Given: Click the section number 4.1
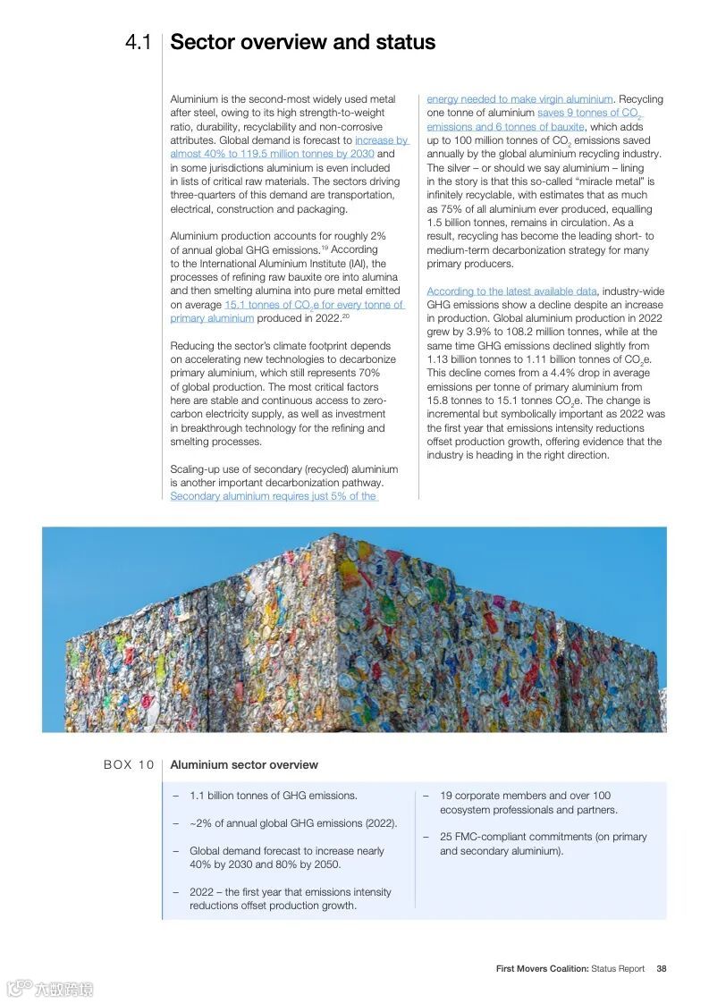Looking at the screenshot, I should tap(138, 43).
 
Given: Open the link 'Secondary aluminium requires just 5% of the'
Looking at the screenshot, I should tap(274, 496).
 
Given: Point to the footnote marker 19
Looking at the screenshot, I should tap(326, 247).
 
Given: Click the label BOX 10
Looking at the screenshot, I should tap(129, 764).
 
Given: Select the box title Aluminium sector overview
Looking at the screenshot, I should tap(244, 764).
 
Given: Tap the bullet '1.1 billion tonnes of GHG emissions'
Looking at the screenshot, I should tap(273, 796).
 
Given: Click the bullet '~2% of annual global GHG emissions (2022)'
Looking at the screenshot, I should tap(293, 823).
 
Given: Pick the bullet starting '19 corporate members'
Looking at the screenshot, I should tap(525, 803).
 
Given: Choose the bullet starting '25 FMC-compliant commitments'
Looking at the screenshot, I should tap(543, 844).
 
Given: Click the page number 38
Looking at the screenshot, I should tap(661, 968).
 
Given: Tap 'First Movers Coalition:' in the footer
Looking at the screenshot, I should tap(542, 968).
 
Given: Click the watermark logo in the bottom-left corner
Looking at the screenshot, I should tap(49, 988).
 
